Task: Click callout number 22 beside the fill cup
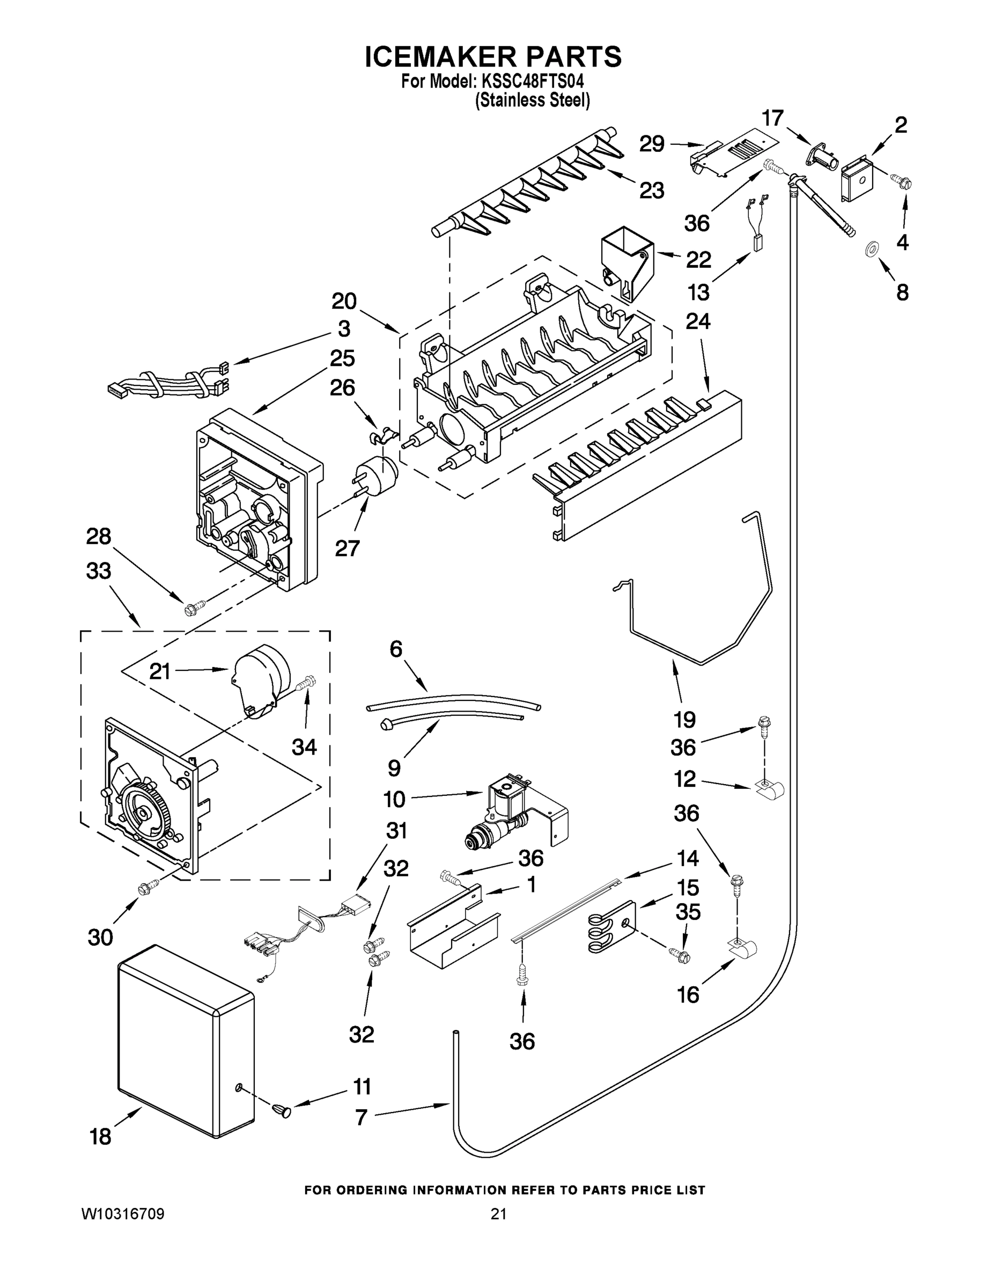[698, 260]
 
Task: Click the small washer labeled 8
[870, 250]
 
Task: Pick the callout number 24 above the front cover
[698, 321]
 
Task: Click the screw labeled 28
[195, 606]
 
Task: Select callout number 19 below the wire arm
[684, 720]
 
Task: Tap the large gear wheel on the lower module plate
[142, 813]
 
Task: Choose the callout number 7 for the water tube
[362, 1116]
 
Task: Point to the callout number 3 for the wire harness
[344, 328]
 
